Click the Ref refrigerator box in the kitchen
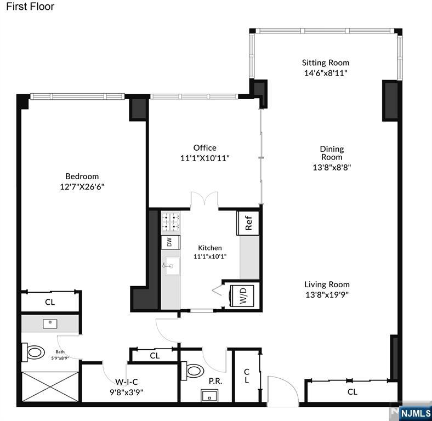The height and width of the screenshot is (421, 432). [x=248, y=223]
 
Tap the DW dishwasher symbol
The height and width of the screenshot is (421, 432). [x=170, y=242]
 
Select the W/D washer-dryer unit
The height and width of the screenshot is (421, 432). [x=242, y=295]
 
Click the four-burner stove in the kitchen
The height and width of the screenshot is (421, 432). [x=170, y=222]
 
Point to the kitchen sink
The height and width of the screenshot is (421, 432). [x=172, y=266]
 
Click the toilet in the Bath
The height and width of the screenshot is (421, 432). [x=33, y=352]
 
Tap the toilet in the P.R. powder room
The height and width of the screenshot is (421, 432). [x=193, y=371]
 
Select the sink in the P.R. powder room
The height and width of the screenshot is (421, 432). [x=209, y=395]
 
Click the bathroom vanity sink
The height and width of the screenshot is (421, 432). [x=50, y=324]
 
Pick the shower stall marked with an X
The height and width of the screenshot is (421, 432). [x=50, y=386]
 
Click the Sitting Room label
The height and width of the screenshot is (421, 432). [x=326, y=63]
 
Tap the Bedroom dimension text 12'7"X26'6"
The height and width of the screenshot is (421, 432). [x=82, y=187]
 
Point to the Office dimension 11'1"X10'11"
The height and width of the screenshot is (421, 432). [x=204, y=158]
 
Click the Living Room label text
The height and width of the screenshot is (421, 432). [x=327, y=285]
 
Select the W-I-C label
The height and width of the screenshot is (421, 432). [x=127, y=382]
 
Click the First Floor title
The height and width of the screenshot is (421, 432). [x=30, y=7]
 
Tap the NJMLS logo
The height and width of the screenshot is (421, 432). [x=416, y=413]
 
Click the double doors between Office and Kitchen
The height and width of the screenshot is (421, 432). [x=204, y=199]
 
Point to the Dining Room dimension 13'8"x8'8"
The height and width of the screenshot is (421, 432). [x=332, y=167]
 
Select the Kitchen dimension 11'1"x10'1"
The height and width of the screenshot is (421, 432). [x=210, y=257]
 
